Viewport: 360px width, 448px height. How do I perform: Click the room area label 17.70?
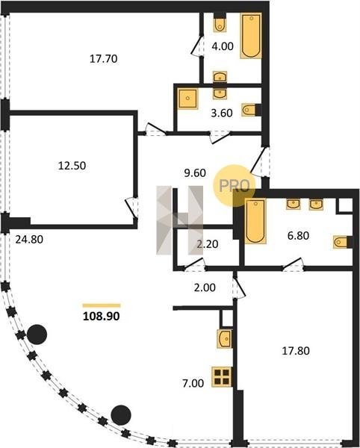click(x=103, y=58)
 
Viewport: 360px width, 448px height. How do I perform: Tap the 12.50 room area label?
click(x=72, y=166)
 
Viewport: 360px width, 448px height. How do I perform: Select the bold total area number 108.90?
click(x=101, y=316)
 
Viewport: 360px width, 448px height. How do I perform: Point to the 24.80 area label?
click(x=29, y=239)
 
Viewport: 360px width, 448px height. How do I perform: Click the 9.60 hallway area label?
click(x=195, y=173)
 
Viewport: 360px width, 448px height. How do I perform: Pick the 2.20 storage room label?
click(x=208, y=244)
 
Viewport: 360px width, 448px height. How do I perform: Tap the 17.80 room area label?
click(x=296, y=351)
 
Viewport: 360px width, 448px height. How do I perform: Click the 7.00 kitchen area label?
click(x=193, y=383)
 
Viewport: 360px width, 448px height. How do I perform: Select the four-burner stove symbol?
click(x=222, y=377)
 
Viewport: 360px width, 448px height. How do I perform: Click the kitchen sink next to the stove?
click(x=225, y=339)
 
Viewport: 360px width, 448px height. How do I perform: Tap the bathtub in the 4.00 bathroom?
click(x=251, y=36)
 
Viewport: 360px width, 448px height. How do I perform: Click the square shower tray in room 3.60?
click(x=187, y=99)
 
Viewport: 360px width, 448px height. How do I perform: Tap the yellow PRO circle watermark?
click(x=234, y=186)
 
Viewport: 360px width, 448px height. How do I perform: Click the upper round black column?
click(x=37, y=335)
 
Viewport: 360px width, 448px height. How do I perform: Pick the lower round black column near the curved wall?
click(x=121, y=415)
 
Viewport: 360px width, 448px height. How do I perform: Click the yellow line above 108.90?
click(x=102, y=305)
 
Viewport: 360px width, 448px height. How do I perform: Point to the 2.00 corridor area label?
click(x=205, y=287)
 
